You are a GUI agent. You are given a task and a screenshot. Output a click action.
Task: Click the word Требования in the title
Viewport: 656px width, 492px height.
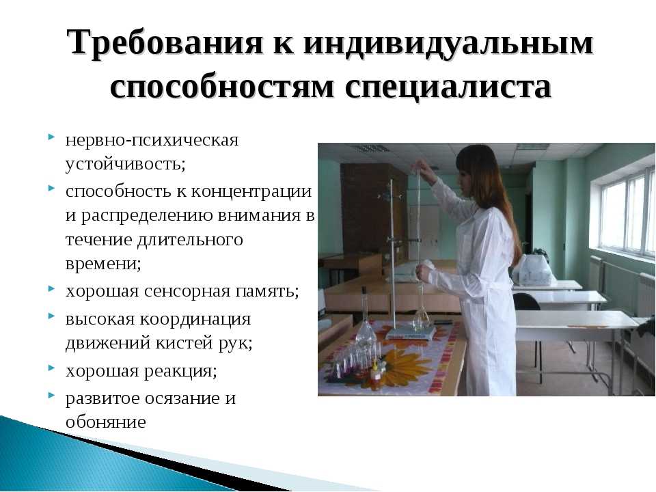[165, 43]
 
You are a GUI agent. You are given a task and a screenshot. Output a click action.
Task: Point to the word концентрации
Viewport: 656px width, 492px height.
[251, 191]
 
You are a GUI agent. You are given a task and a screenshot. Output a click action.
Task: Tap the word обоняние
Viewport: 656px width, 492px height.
[105, 422]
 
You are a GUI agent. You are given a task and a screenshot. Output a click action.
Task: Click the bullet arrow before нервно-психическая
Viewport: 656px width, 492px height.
[51, 137]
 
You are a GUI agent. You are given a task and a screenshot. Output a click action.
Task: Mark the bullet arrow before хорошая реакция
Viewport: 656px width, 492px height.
[51, 368]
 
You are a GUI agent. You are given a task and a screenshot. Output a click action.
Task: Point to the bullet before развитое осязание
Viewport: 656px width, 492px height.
[51, 394]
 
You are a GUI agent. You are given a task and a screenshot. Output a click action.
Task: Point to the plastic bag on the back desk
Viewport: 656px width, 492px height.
[532, 270]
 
